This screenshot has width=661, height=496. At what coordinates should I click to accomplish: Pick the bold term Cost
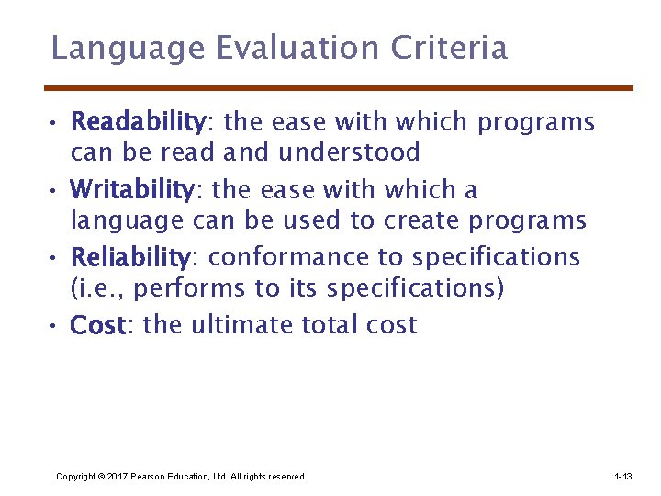98,325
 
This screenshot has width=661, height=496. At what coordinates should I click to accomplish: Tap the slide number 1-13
622,477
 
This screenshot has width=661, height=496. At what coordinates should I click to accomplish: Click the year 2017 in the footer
118,477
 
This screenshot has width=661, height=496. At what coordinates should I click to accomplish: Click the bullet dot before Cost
57,326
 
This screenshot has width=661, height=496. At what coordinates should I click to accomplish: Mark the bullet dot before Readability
57,122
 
